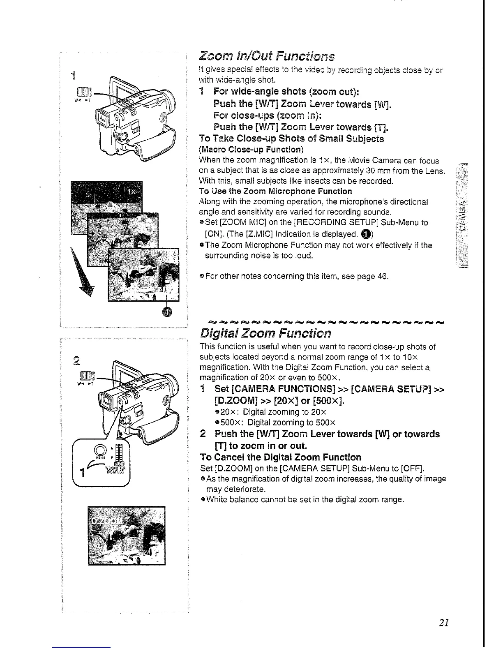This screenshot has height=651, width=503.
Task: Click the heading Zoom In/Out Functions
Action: click(266, 55)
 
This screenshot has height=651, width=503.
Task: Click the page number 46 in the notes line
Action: click(383, 276)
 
